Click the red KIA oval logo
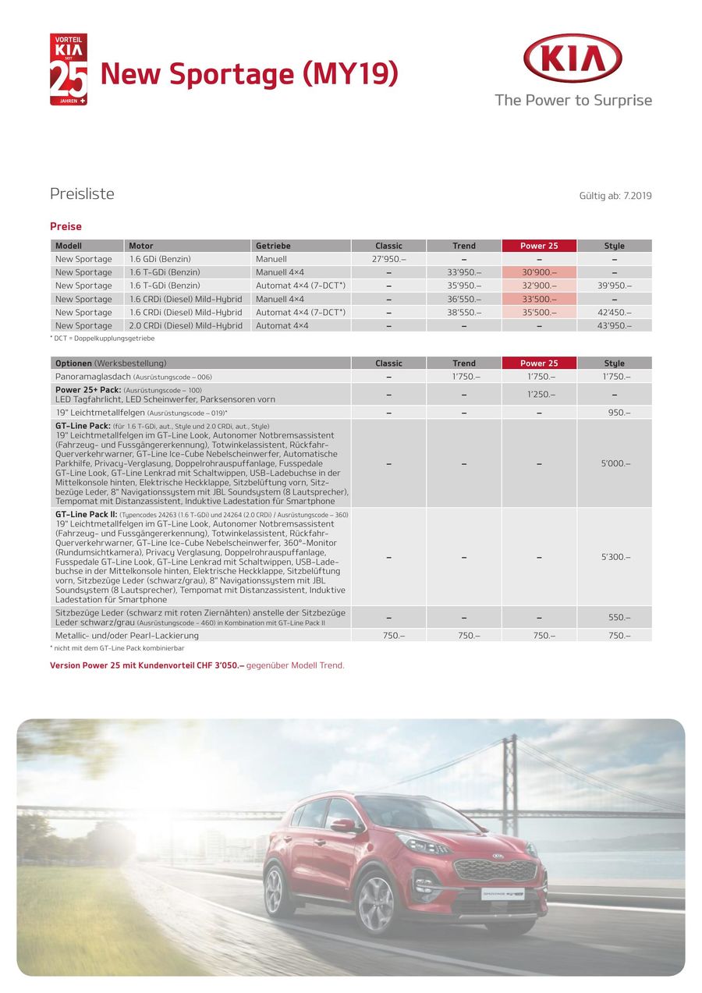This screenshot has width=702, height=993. (573, 59)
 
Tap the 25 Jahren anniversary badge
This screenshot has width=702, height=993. (69, 69)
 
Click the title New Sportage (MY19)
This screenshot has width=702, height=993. (250, 74)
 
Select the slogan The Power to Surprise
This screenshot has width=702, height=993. (573, 100)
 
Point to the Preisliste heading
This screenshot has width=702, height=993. (82, 194)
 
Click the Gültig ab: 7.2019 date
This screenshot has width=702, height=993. (615, 195)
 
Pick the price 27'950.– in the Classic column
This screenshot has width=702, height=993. (388, 259)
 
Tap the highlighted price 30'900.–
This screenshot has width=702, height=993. (539, 272)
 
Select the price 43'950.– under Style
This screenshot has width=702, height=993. (614, 325)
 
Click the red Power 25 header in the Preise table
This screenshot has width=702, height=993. (539, 246)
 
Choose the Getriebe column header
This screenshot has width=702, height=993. (273, 246)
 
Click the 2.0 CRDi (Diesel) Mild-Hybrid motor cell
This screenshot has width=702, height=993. (186, 325)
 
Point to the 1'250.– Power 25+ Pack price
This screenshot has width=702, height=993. (539, 395)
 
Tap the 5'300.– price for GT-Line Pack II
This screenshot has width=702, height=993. (614, 557)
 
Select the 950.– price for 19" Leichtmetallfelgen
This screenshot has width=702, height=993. (614, 412)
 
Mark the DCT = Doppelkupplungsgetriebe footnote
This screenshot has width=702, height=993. (102, 339)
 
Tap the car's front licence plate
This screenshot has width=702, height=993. (503, 892)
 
